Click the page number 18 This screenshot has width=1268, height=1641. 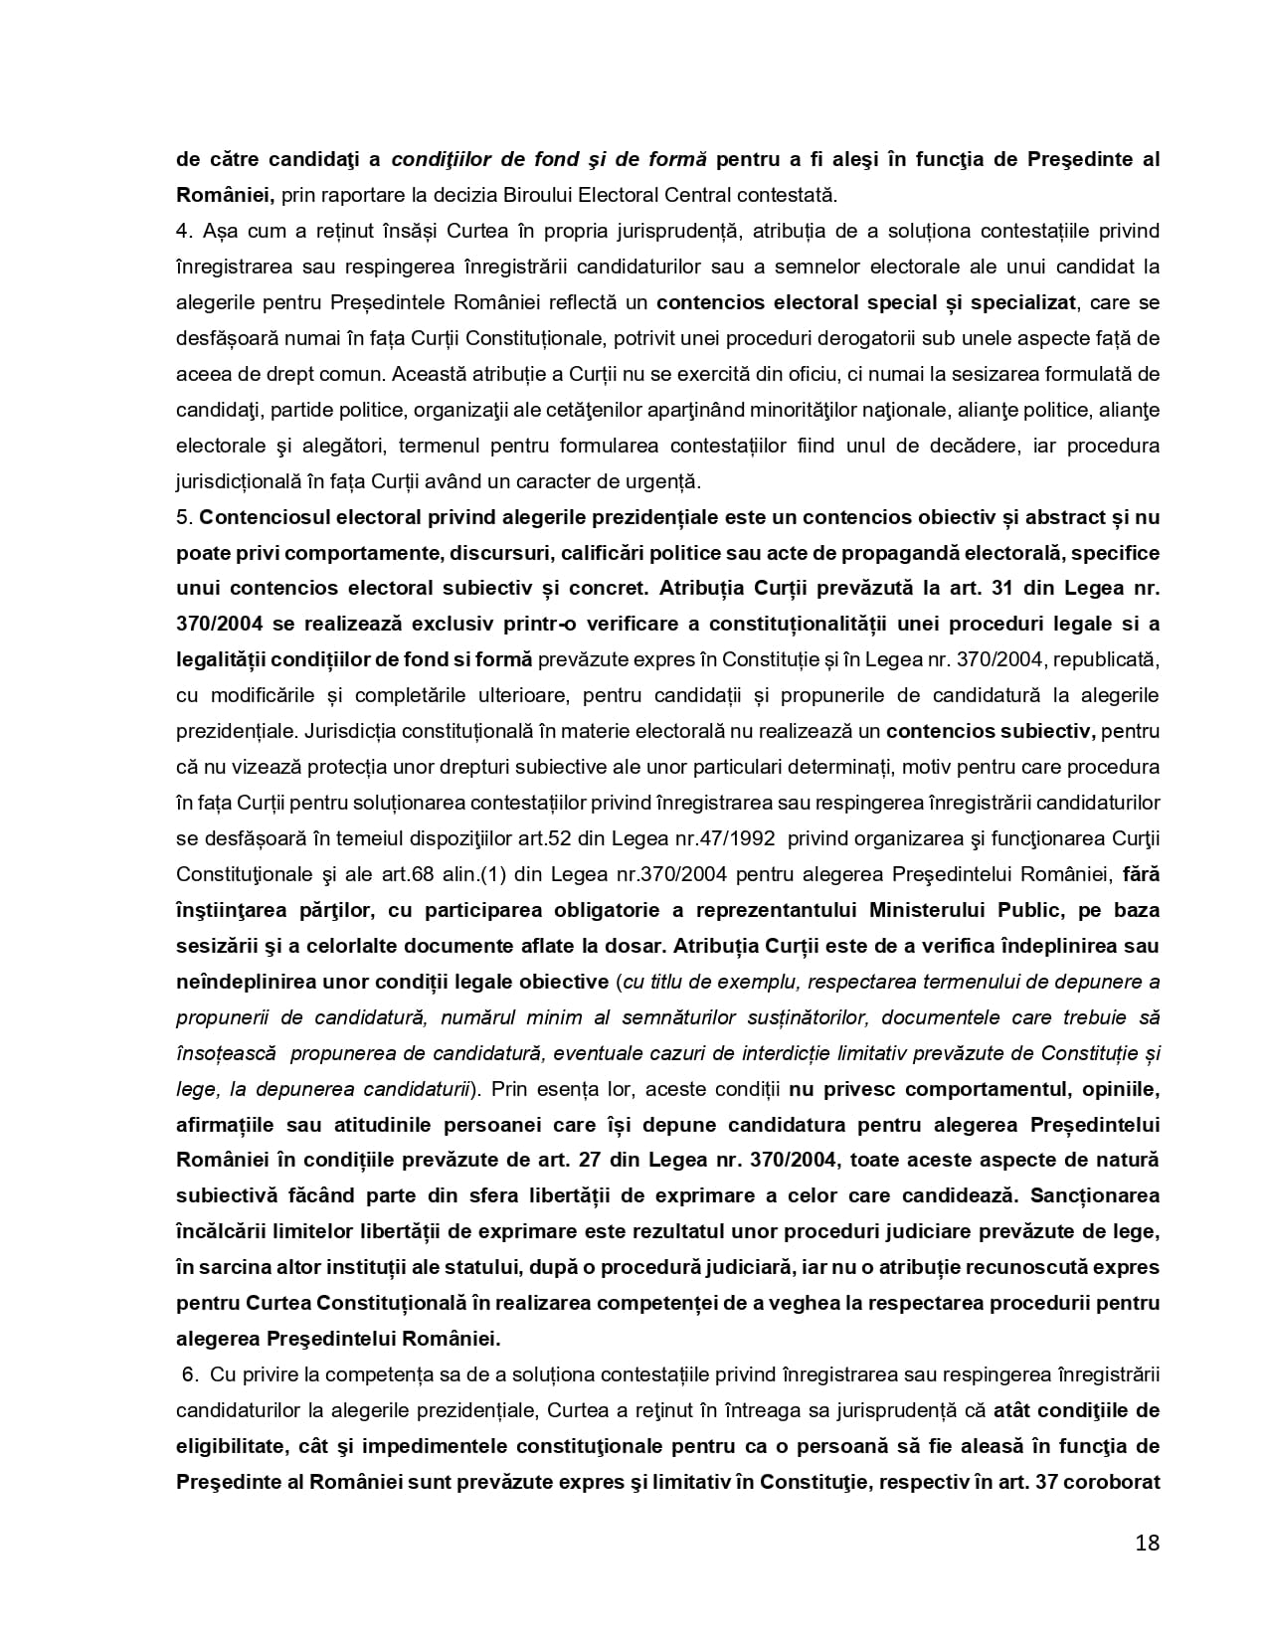coord(1147,1544)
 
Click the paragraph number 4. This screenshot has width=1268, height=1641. coord(182,231)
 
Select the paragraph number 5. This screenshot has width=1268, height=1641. coord(182,517)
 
